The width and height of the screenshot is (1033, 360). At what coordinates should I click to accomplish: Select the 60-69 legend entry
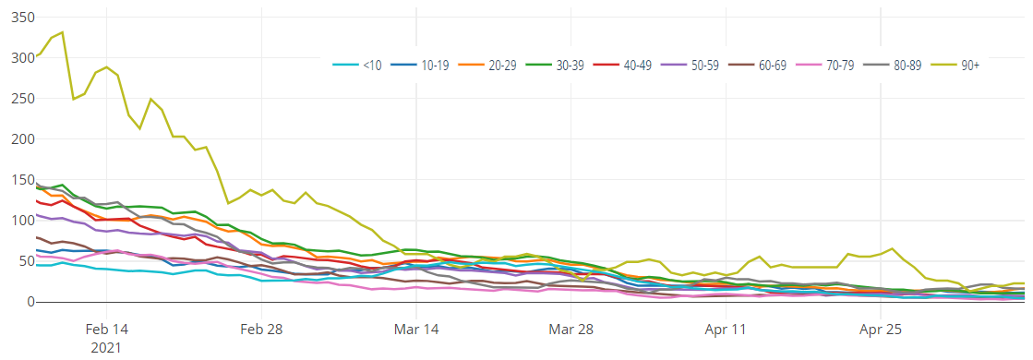coord(772,66)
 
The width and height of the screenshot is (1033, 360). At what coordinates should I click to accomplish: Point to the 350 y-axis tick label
coord(18,17)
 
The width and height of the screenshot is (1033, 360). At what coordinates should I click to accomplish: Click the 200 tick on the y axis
coord(18,138)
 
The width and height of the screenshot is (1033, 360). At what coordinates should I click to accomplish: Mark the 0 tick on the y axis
coord(29,302)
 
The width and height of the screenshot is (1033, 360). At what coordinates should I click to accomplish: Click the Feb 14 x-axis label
coord(106,330)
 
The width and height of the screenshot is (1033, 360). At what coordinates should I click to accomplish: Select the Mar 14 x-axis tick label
coord(416,330)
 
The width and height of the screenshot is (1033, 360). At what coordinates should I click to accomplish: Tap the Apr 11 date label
coord(726,330)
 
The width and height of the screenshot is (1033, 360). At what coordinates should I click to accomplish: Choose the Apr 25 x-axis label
coord(881,330)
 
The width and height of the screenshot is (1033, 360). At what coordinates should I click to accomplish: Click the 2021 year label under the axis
coord(106,348)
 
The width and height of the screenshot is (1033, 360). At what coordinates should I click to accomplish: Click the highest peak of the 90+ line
coord(62,32)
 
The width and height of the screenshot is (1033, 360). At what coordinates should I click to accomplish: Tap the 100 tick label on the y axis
coord(18,221)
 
